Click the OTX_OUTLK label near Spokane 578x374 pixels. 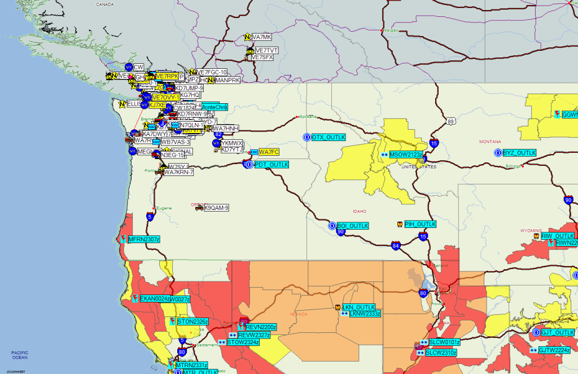328,137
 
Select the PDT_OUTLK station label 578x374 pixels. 272,165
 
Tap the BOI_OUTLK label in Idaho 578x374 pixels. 353,226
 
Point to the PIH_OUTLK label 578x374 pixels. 421,224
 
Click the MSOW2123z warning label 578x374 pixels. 406,154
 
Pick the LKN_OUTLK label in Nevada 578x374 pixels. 359,307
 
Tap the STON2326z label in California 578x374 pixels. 192,322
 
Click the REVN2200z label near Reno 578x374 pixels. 261,327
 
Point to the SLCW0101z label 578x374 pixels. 444,342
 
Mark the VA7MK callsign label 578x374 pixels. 261,37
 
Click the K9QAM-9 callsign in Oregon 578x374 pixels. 216,208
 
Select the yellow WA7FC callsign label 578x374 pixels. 269,152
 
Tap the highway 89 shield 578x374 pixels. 450,121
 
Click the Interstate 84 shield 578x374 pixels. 396,245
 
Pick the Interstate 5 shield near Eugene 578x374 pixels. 150,216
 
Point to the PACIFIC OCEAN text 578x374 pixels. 20,354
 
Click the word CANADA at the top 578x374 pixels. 105,4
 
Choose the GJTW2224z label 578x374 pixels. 554,350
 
